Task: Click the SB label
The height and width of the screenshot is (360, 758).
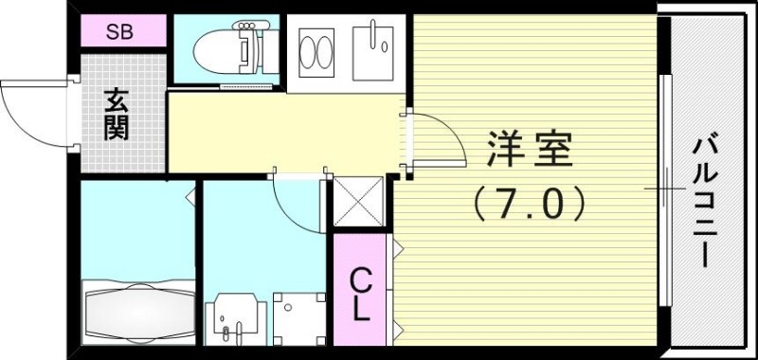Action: tap(119, 31)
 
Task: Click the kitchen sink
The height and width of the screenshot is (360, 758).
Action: tap(374, 52)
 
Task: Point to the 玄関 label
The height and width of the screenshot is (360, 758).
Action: tap(117, 115)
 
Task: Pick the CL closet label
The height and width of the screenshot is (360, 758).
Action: tap(360, 294)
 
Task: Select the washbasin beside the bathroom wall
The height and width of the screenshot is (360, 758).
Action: tap(232, 322)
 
